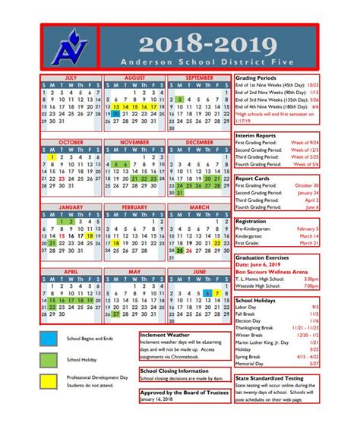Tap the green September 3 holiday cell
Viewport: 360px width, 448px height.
(180, 99)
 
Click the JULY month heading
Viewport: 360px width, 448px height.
(71, 77)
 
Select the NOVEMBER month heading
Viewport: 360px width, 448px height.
(135, 142)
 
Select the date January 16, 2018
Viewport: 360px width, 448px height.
(156, 399)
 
